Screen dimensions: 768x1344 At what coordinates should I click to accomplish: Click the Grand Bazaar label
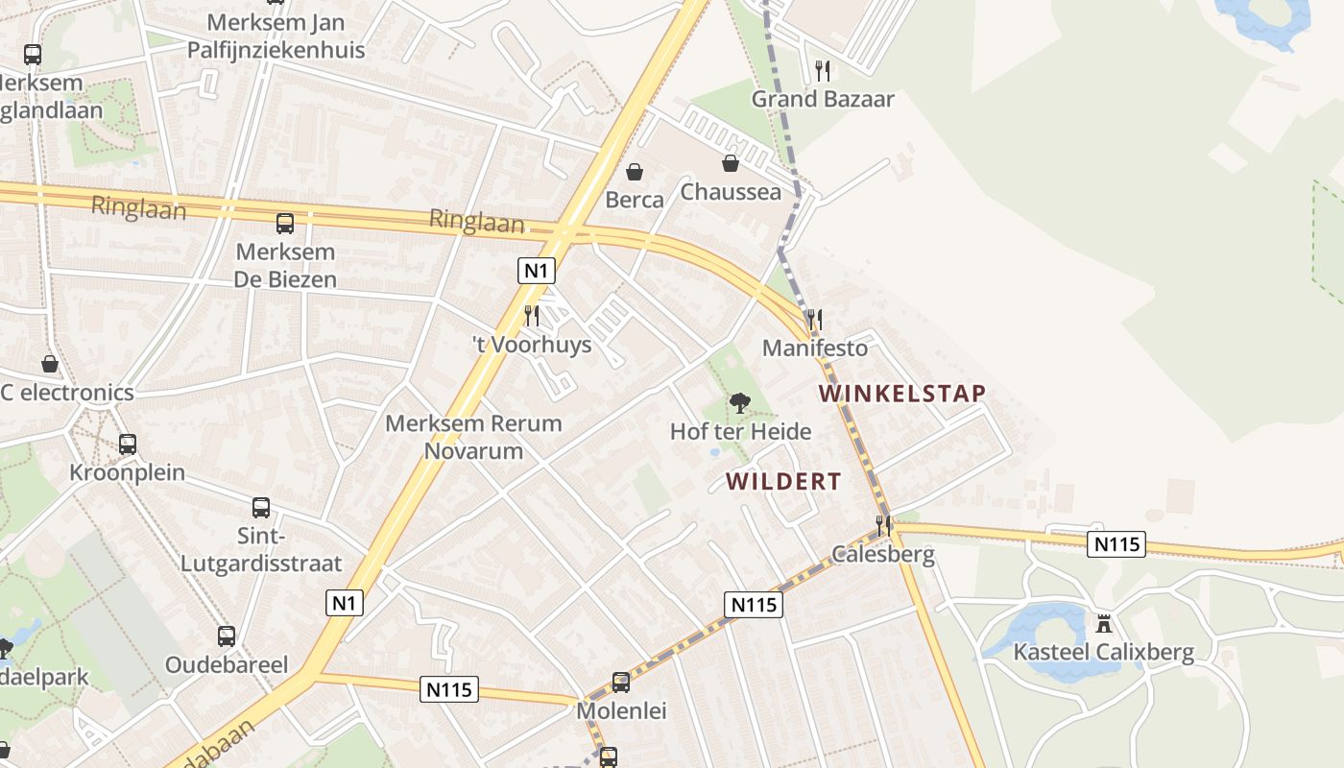click(822, 99)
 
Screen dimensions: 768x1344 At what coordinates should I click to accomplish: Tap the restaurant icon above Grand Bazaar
click(822, 70)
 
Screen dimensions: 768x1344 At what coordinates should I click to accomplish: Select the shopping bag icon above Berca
click(635, 172)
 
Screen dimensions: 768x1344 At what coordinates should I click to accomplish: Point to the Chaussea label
click(731, 192)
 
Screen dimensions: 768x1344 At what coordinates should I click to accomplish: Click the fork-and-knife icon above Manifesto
click(814, 319)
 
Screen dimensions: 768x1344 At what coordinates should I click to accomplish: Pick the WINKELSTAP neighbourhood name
click(902, 394)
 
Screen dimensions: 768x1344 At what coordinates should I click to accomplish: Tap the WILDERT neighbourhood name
click(783, 482)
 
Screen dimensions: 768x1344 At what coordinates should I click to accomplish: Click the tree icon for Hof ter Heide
click(739, 403)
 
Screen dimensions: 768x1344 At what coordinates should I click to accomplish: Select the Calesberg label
click(883, 554)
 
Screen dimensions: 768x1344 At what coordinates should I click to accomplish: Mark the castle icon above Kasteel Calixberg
click(1104, 624)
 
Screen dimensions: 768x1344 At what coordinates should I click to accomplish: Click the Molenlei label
click(621, 711)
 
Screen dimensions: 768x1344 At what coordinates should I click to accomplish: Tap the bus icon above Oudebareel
click(227, 636)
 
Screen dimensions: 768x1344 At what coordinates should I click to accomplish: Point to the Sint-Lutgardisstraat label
click(261, 549)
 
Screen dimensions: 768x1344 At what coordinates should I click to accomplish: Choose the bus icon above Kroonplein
click(128, 444)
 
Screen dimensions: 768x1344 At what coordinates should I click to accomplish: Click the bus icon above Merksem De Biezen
click(285, 224)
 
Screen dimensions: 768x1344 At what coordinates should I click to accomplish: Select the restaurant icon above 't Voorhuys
click(531, 315)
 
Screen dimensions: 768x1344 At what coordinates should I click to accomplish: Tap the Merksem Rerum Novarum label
click(473, 437)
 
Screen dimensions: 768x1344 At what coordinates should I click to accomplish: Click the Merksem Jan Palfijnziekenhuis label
click(276, 36)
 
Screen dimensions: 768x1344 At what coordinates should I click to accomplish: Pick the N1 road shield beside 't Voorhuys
click(537, 271)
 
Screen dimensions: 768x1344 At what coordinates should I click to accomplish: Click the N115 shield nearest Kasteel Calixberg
click(1117, 544)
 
